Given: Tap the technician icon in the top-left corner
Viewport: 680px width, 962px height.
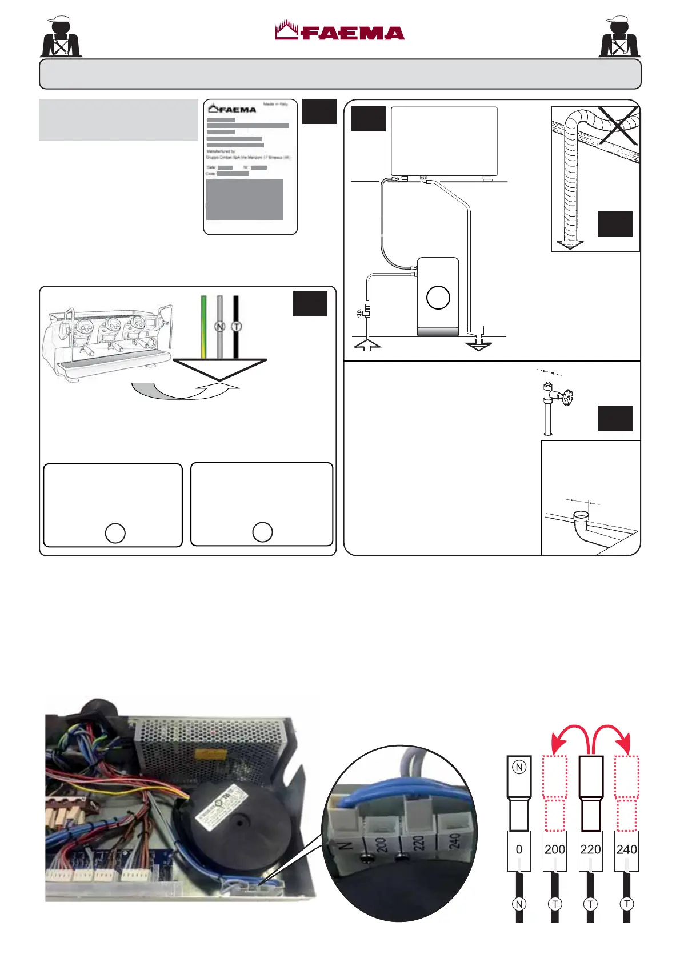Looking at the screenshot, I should (x=61, y=37).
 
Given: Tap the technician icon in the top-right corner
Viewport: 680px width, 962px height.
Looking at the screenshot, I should (x=619, y=37).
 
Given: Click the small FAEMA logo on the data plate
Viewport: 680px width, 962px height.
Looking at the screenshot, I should (x=233, y=109).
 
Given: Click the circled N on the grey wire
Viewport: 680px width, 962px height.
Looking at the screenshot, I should (x=220, y=327).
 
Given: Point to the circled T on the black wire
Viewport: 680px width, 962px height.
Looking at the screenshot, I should (x=236, y=327).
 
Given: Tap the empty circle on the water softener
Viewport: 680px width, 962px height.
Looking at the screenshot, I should (x=438, y=298).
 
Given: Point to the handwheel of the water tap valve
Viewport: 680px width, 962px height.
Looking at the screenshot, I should (x=567, y=396).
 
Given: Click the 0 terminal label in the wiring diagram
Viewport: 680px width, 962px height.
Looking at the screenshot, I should (x=519, y=849).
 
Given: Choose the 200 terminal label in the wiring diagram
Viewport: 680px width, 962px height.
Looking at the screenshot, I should (x=554, y=849).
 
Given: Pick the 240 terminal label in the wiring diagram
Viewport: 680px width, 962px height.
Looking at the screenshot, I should (x=626, y=849).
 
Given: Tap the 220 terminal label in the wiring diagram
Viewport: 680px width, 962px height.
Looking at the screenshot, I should (x=590, y=849).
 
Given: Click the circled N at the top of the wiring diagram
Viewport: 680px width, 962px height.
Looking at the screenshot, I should (x=519, y=767).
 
